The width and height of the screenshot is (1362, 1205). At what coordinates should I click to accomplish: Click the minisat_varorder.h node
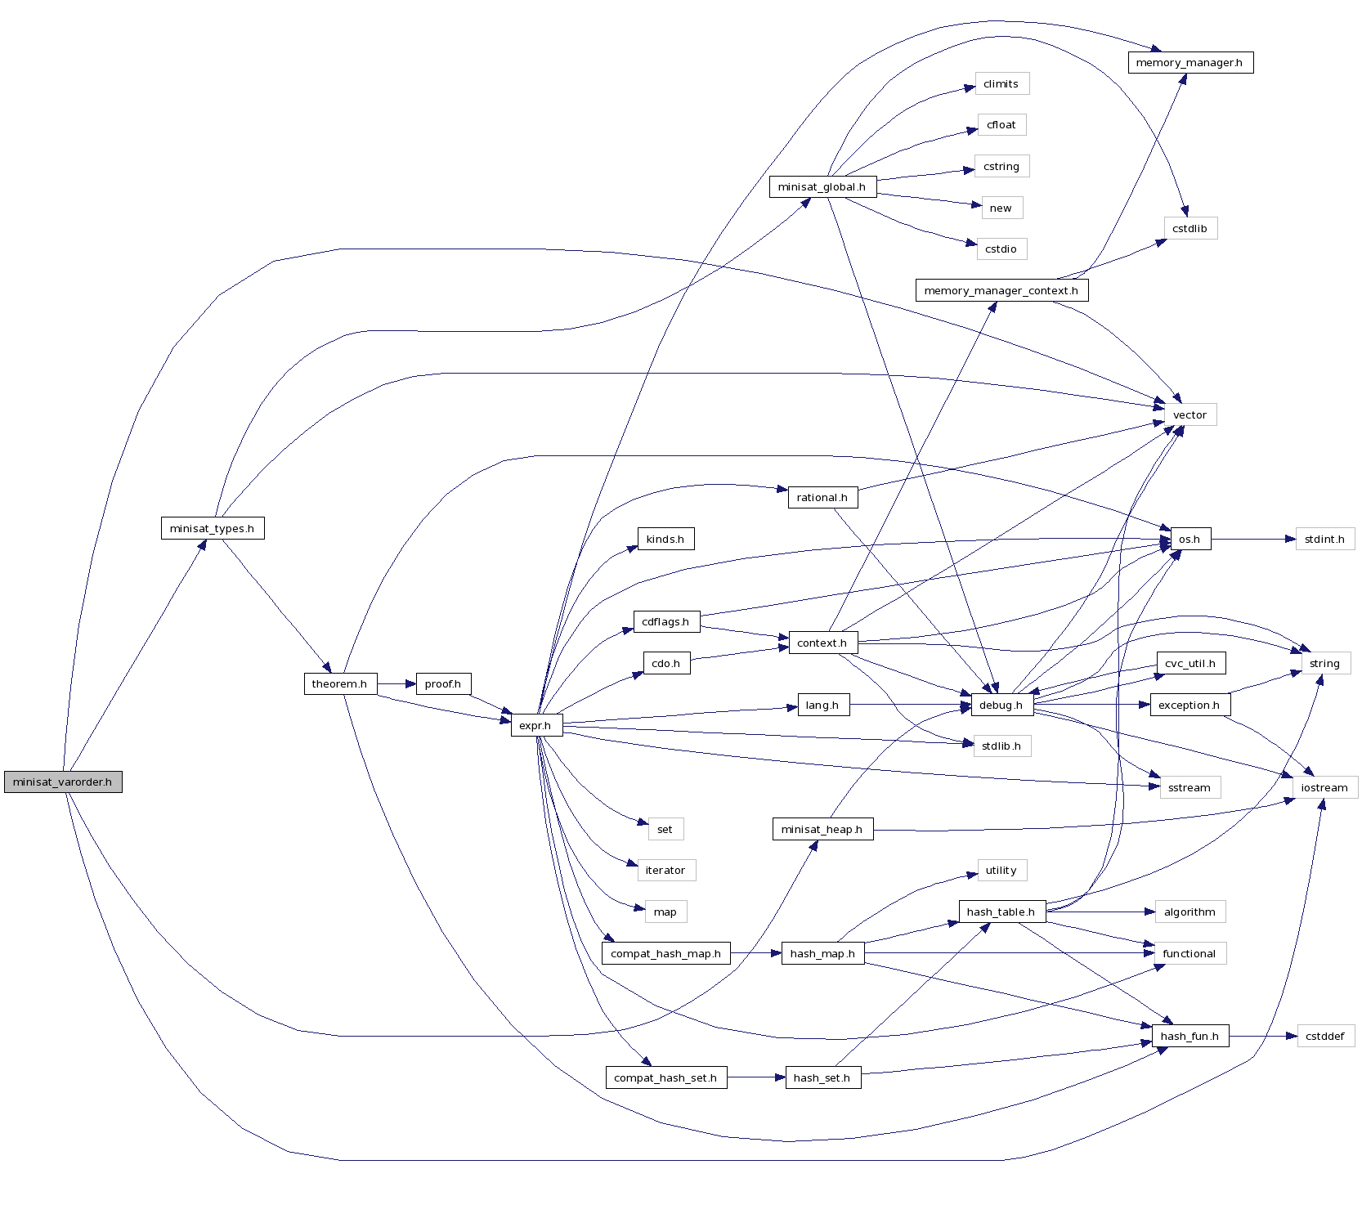click(x=63, y=782)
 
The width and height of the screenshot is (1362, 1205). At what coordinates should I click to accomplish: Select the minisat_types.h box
click(x=213, y=529)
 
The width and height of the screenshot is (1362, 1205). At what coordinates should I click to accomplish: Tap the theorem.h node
click(x=339, y=684)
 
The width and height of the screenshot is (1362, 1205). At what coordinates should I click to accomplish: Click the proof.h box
click(x=443, y=684)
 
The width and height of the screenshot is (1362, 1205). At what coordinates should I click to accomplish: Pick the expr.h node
click(x=536, y=726)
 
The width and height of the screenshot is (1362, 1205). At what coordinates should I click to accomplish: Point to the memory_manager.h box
click(x=1190, y=63)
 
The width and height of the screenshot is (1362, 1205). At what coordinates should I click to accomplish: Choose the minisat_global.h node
click(x=822, y=187)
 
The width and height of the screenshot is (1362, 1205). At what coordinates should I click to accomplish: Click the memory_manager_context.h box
click(x=1001, y=291)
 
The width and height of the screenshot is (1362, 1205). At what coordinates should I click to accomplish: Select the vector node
click(x=1190, y=415)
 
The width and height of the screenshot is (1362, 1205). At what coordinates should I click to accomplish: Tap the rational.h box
click(x=822, y=498)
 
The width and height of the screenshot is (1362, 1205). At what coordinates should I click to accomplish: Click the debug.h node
click(x=1001, y=706)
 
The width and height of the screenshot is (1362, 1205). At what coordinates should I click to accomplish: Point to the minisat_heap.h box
click(x=822, y=830)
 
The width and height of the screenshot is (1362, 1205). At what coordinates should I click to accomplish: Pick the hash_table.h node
click(x=1001, y=912)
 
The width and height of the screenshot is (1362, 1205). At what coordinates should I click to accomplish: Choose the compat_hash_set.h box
click(x=665, y=1078)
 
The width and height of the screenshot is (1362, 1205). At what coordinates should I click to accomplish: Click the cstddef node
click(x=1325, y=1037)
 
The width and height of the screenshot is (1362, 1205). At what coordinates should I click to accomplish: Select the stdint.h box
click(x=1324, y=540)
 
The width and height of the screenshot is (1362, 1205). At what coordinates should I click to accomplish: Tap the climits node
click(x=1001, y=84)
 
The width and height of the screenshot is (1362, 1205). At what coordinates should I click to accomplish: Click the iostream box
click(x=1324, y=788)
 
